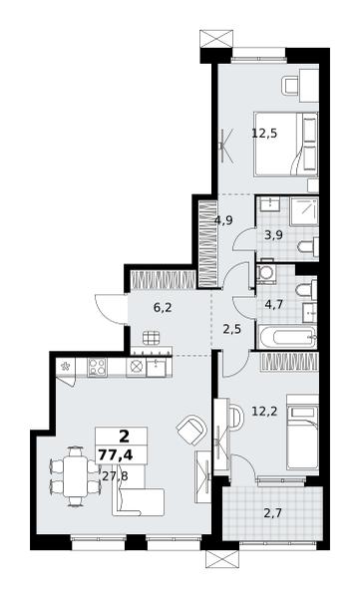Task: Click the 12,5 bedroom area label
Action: click(264, 134)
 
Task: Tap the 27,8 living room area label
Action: click(116, 475)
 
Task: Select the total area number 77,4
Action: click(116, 455)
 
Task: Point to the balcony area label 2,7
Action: click(272, 513)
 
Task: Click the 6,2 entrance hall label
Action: click(163, 308)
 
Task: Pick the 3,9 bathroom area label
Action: click(273, 235)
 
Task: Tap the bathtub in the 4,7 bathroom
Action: click(287, 337)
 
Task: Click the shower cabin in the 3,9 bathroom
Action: click(304, 211)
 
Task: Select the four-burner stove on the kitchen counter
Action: click(97, 367)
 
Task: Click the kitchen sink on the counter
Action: click(157, 367)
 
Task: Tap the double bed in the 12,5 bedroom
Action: click(286, 145)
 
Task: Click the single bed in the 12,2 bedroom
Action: click(302, 432)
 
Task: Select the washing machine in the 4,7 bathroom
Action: click(264, 274)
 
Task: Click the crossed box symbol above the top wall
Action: click(215, 39)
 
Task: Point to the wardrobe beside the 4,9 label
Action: click(208, 244)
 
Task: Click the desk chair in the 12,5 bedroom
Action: click(290, 86)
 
